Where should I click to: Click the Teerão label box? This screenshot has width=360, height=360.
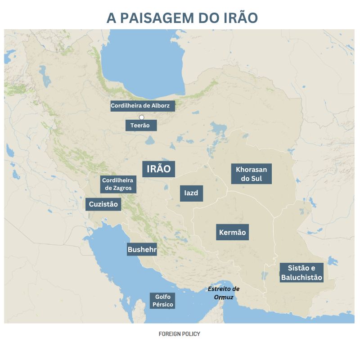tap(140, 125)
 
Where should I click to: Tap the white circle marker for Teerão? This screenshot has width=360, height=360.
tap(141, 117)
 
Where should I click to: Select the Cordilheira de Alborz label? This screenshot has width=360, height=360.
tap(140, 106)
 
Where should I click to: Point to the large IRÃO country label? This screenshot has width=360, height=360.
tap(158, 169)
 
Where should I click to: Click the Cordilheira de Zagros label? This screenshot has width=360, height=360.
tap(118, 184)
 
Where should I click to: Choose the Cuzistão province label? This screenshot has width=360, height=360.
tap(103, 204)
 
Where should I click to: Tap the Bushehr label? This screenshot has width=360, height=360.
tap(142, 249)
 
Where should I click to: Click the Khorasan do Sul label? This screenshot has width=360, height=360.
tap(252, 174)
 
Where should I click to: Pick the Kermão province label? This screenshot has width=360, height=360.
tap(232, 233)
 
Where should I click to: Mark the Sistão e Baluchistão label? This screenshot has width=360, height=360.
tap(301, 273)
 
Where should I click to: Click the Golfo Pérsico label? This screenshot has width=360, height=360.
tap(162, 301)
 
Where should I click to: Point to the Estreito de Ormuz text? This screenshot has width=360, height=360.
tap(224, 293)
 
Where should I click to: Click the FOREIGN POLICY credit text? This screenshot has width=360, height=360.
tap(180, 334)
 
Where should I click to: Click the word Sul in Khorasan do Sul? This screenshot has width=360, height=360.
tap(260, 178)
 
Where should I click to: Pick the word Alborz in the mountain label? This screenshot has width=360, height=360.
tap(161, 106)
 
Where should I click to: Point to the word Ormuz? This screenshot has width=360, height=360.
tap(224, 297)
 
